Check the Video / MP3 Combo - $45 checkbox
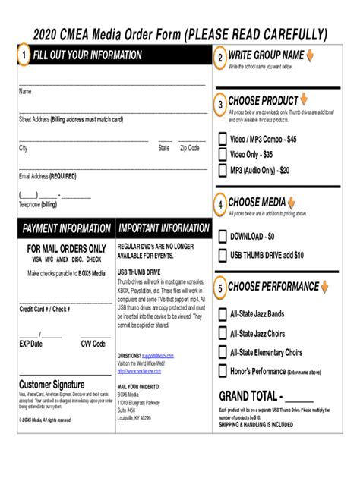point(223,140)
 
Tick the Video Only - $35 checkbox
point(223,155)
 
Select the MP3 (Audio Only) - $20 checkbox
point(223,171)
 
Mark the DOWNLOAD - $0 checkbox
point(223,236)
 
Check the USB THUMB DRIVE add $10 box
point(223,255)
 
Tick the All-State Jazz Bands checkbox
point(223,313)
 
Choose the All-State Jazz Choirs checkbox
point(223,332)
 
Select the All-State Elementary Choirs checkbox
point(223,352)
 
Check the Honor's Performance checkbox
point(223,371)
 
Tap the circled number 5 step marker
point(220,288)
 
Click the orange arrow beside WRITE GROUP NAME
point(311,56)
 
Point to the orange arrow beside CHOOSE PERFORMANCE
point(324,287)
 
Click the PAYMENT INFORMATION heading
point(66,228)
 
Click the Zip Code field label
point(189,149)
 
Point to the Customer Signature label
point(52,384)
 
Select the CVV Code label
point(93,344)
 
